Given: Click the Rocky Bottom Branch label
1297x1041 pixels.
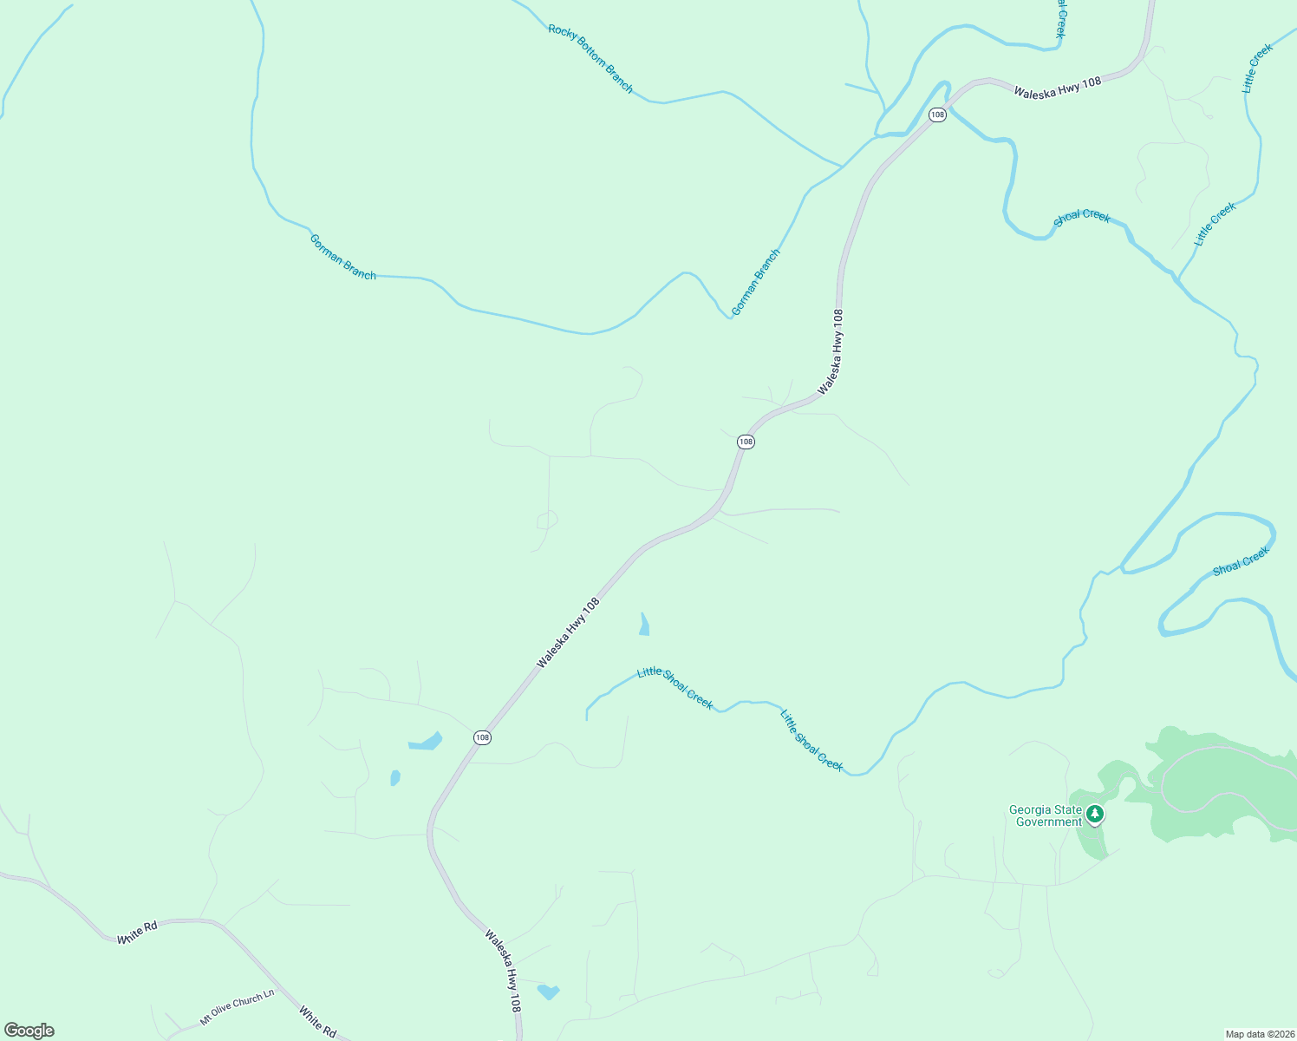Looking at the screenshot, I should (x=590, y=58).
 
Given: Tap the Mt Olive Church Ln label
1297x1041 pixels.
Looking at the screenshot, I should (x=237, y=1007).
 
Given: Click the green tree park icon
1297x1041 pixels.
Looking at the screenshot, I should (x=1095, y=814).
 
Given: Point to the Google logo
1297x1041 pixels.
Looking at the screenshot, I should (x=29, y=1031).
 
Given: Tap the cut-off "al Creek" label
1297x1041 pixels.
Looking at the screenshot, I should (x=1059, y=19).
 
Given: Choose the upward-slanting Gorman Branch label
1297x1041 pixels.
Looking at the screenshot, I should (x=755, y=282).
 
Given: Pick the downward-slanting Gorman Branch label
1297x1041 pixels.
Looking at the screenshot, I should (x=342, y=257).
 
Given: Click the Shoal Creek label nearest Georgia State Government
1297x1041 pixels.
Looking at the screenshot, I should (x=1241, y=560).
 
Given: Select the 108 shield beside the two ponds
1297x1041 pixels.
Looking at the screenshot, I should (x=483, y=737).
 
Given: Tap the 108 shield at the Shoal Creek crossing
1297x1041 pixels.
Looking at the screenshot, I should (x=937, y=115).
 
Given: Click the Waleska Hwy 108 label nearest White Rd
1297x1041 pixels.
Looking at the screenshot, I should (x=503, y=972).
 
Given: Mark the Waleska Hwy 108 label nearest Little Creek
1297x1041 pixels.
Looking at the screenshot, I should (x=1057, y=87).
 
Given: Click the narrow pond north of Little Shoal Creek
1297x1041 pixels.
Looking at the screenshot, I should (x=644, y=625).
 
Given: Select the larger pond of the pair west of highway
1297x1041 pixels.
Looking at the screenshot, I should (x=426, y=742).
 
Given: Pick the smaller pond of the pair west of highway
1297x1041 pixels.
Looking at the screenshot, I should (x=395, y=777).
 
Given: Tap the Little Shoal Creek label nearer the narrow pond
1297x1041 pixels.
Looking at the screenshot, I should (x=675, y=688).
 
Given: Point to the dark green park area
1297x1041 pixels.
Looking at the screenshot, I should (x=1214, y=781).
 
